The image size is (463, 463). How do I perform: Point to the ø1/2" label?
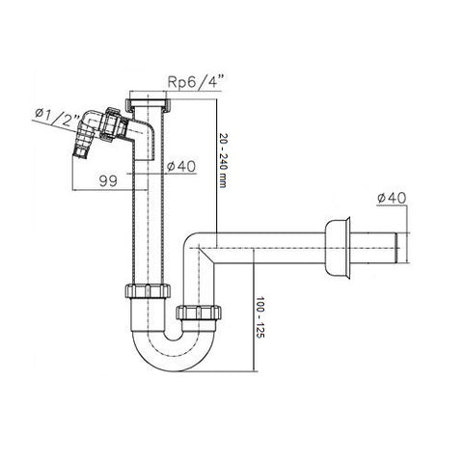click(57, 116)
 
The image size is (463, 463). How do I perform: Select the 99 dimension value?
click(108, 181)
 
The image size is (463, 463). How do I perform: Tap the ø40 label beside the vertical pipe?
click(181, 167)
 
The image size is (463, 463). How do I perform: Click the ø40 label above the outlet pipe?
click(392, 198)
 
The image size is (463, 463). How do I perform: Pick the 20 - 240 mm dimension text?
click(223, 160)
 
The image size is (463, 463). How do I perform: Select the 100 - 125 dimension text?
click(259, 317)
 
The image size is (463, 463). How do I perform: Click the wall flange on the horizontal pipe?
click(338, 248)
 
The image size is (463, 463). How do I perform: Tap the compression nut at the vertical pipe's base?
click(148, 291)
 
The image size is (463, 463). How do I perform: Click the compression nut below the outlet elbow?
click(199, 313)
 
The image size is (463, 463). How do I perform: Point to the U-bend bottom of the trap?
click(174, 357)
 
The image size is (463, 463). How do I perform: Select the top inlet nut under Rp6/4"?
click(148, 103)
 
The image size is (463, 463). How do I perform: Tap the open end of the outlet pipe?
click(397, 248)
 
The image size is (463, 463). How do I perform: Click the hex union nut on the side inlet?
click(111, 124)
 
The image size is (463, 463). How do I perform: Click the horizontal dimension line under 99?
click(109, 190)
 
